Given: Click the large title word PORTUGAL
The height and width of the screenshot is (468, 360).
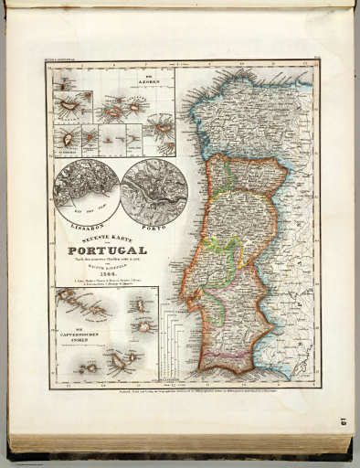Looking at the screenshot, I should [x=108, y=250].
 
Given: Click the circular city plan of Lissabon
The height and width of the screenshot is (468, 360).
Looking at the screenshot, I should [x=85, y=190].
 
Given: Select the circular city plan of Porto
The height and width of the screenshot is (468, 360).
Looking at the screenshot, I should [x=154, y=191].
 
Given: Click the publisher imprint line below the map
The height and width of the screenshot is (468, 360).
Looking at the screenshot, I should [x=183, y=385].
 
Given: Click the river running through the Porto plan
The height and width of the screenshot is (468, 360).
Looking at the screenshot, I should [x=154, y=193].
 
